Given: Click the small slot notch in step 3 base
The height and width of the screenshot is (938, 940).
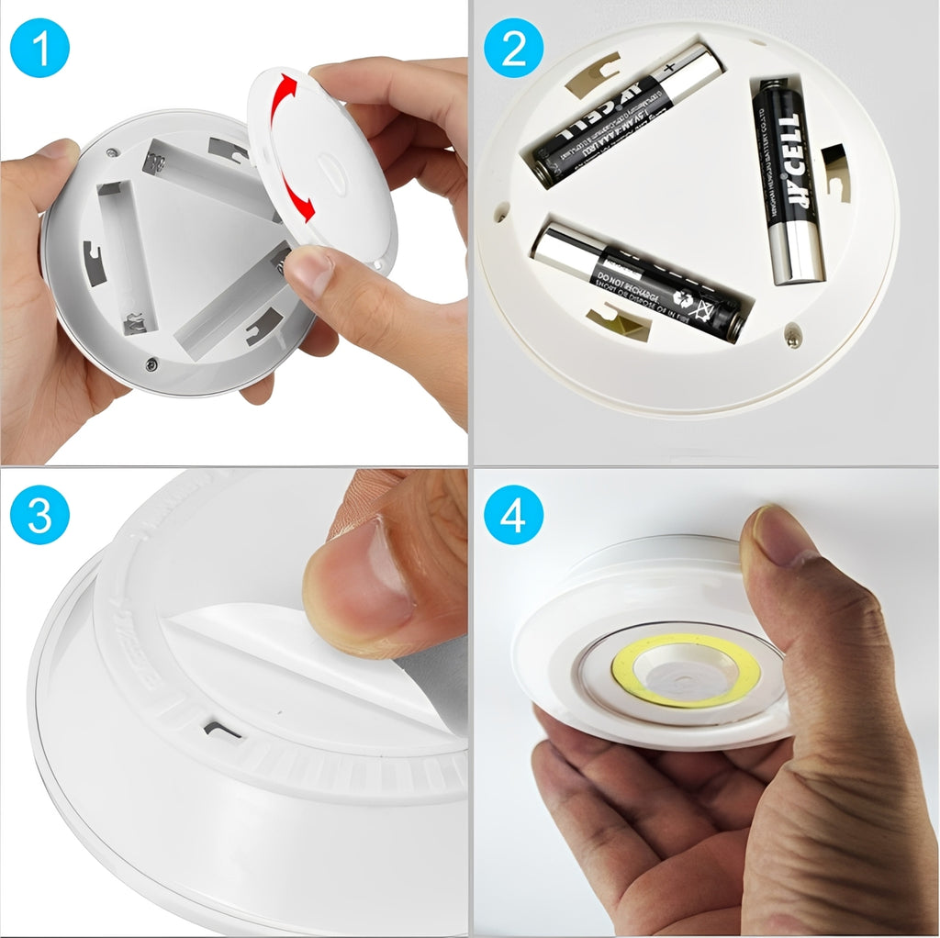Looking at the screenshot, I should click(x=222, y=730).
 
